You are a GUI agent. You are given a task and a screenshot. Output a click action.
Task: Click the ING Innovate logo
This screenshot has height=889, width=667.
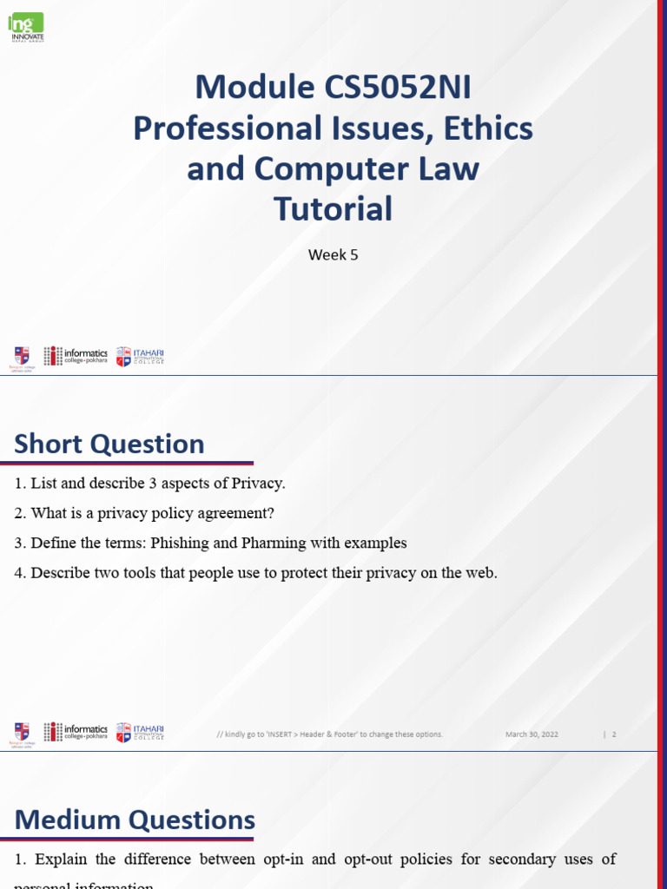26,27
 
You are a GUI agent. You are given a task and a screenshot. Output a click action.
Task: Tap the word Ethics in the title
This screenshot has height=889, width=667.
488,128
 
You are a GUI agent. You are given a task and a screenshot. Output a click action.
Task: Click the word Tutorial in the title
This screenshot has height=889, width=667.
333,208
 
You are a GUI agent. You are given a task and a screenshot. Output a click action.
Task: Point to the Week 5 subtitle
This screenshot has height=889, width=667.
333,254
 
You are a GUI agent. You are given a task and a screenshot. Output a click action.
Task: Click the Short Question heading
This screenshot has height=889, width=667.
109,444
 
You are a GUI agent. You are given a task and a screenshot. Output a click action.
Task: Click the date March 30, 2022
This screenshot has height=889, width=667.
532,734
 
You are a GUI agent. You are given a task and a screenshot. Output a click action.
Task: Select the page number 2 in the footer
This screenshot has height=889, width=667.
614,734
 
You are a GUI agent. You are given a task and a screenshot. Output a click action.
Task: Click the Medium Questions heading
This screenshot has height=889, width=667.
135,820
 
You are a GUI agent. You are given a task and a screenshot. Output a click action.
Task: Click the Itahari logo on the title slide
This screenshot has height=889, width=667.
140,356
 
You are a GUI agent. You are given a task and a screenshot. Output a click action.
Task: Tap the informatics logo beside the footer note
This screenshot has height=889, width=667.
76,732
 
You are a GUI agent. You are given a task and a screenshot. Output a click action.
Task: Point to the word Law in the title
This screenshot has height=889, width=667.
447,168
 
